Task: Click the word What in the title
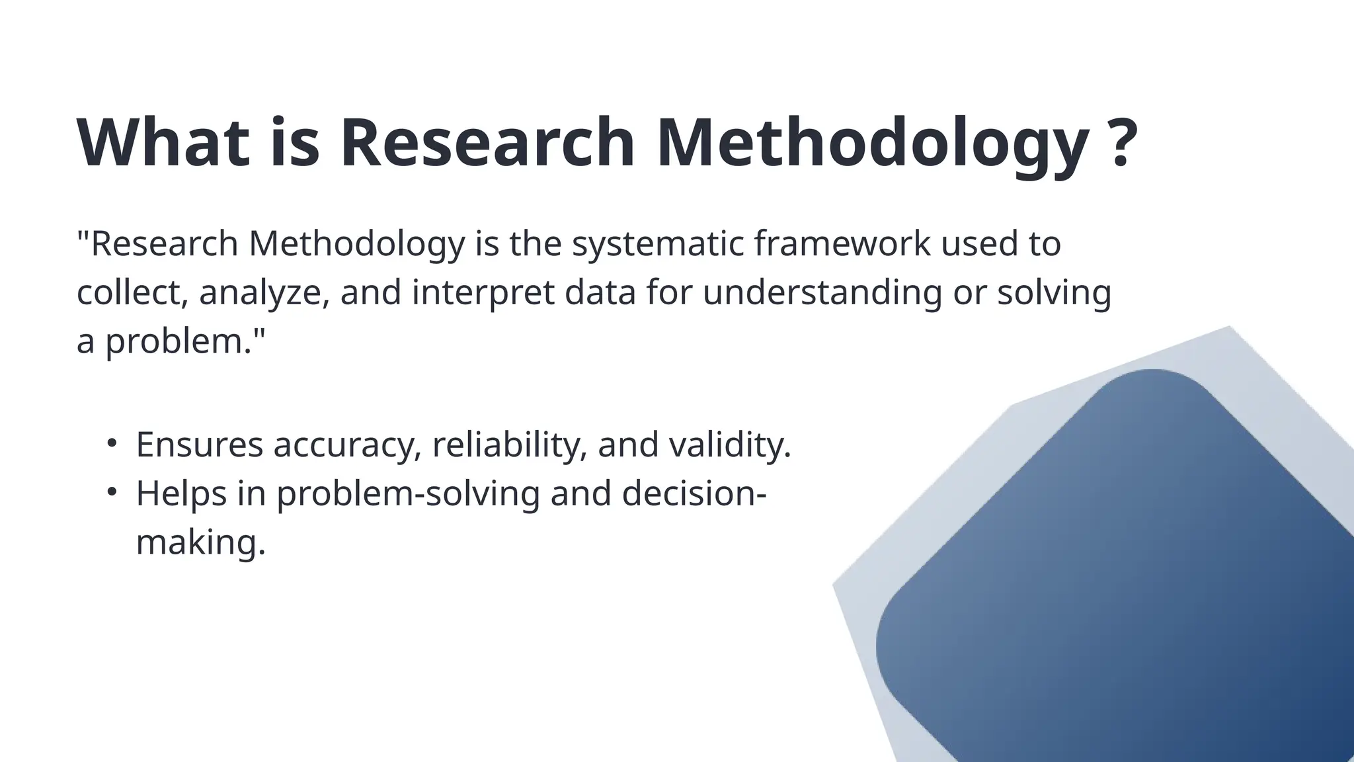coord(163,143)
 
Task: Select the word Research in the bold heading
coord(487,143)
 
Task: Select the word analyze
coord(264,293)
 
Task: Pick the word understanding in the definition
coord(822,293)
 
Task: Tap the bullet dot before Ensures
coord(112,443)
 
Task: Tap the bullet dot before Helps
coord(112,491)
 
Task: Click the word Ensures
coord(200,444)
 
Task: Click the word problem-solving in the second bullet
coord(408,493)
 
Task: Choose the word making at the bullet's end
coord(200,542)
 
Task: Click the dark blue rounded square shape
coord(1124,582)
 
